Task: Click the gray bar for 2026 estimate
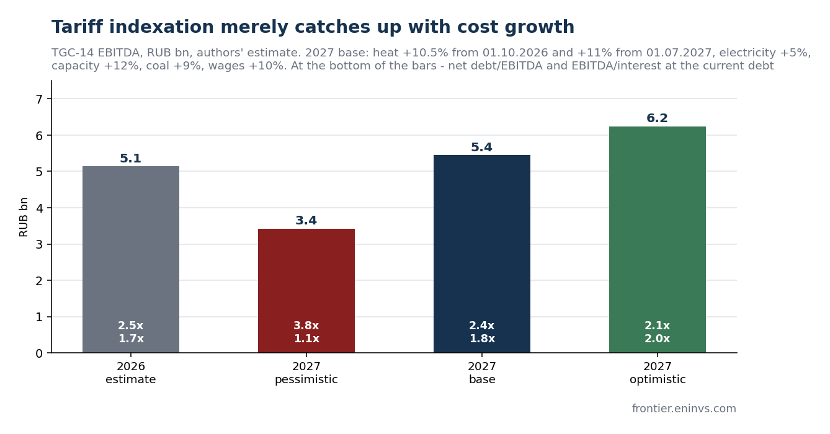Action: click(131, 259)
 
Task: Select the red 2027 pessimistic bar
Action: click(306, 291)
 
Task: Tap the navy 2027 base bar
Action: click(482, 254)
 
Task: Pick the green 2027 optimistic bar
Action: click(658, 239)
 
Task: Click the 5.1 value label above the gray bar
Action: click(130, 159)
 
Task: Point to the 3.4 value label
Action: click(306, 221)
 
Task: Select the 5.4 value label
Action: click(482, 148)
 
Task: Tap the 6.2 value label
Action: click(657, 118)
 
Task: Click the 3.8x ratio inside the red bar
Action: click(306, 325)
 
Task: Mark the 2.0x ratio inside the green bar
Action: click(657, 339)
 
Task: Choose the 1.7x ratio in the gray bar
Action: click(131, 339)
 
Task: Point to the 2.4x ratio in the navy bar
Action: click(482, 325)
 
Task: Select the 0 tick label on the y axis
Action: click(39, 353)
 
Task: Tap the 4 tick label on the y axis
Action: click(39, 208)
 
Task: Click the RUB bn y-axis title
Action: click(24, 217)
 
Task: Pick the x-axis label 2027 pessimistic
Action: click(306, 373)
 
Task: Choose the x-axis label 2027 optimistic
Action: click(658, 373)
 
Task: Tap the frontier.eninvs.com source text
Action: click(684, 409)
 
